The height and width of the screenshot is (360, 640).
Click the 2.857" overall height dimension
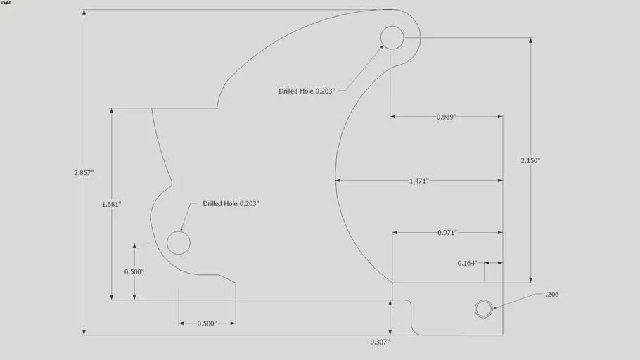[84, 173]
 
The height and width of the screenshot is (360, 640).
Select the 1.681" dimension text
[111, 204]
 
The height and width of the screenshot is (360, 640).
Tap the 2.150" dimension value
[530, 160]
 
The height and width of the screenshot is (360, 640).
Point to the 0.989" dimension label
[446, 117]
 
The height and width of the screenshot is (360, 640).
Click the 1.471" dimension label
[419, 181]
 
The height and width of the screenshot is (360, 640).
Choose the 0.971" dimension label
[447, 233]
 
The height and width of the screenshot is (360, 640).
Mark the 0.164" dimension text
[467, 263]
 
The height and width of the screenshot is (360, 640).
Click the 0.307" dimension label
[380, 342]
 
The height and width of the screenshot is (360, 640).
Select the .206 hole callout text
[552, 295]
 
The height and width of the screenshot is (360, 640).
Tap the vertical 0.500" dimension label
[134, 272]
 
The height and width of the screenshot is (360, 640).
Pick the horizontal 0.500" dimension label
[207, 323]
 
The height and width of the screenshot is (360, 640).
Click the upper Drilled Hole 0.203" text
[307, 91]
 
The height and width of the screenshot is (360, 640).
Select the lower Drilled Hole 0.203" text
[231, 204]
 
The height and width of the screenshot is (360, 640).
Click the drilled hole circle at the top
[392, 26]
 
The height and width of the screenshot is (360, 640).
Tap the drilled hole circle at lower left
[179, 231]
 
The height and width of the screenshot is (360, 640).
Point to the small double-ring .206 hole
[484, 300]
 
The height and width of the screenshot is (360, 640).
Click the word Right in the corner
[6, 3]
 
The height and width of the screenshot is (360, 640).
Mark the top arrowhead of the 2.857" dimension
[84, 12]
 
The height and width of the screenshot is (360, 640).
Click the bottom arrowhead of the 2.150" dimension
[530, 280]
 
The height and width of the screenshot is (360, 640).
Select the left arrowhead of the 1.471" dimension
[338, 180]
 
